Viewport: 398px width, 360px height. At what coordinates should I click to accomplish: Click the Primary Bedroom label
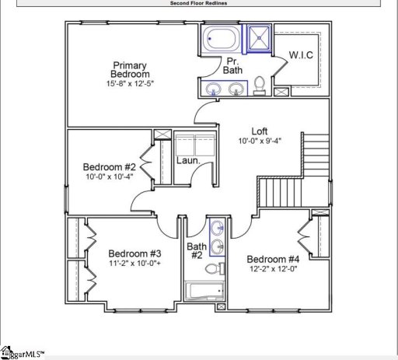click(x=131, y=70)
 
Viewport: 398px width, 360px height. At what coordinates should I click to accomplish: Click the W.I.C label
click(x=301, y=55)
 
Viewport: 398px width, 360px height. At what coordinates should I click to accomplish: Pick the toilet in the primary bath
click(x=261, y=84)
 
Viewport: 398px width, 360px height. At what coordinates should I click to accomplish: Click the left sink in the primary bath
click(x=214, y=89)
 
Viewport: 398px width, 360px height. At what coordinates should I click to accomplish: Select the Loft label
click(x=260, y=131)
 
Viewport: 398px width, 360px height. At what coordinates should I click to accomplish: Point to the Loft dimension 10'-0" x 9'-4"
click(x=260, y=142)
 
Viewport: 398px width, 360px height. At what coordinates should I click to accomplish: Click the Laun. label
click(x=188, y=161)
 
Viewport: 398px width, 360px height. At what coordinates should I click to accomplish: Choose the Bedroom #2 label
click(x=110, y=167)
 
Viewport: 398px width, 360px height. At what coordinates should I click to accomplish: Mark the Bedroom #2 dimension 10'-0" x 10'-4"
click(x=110, y=178)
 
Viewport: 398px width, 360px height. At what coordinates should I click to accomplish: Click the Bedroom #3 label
click(x=134, y=254)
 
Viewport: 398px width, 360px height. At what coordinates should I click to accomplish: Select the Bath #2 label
click(x=196, y=251)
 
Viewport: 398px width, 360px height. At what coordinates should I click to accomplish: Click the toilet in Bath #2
click(x=211, y=270)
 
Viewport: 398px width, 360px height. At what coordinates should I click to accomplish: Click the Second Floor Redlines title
click(x=199, y=3)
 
